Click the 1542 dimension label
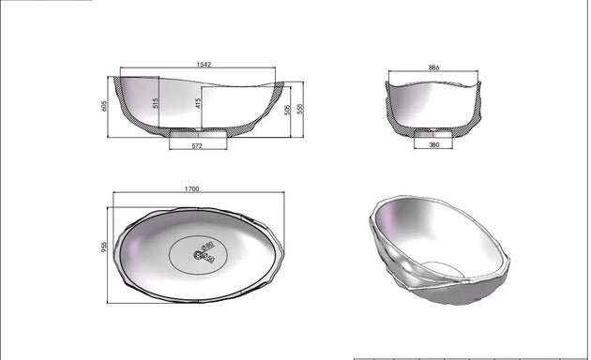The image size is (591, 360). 203,65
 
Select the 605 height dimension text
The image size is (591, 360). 104,107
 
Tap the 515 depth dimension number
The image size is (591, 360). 157,103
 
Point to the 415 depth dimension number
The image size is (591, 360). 199,103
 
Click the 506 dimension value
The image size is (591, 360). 288,110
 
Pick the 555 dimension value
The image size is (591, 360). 300,110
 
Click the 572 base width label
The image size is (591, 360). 198,145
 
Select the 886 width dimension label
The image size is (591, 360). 433,68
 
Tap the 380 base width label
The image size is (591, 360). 433,145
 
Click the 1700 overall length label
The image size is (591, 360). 191,189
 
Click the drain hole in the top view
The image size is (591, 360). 199,255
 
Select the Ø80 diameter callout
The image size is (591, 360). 207,246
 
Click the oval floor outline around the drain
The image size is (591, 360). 174,255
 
